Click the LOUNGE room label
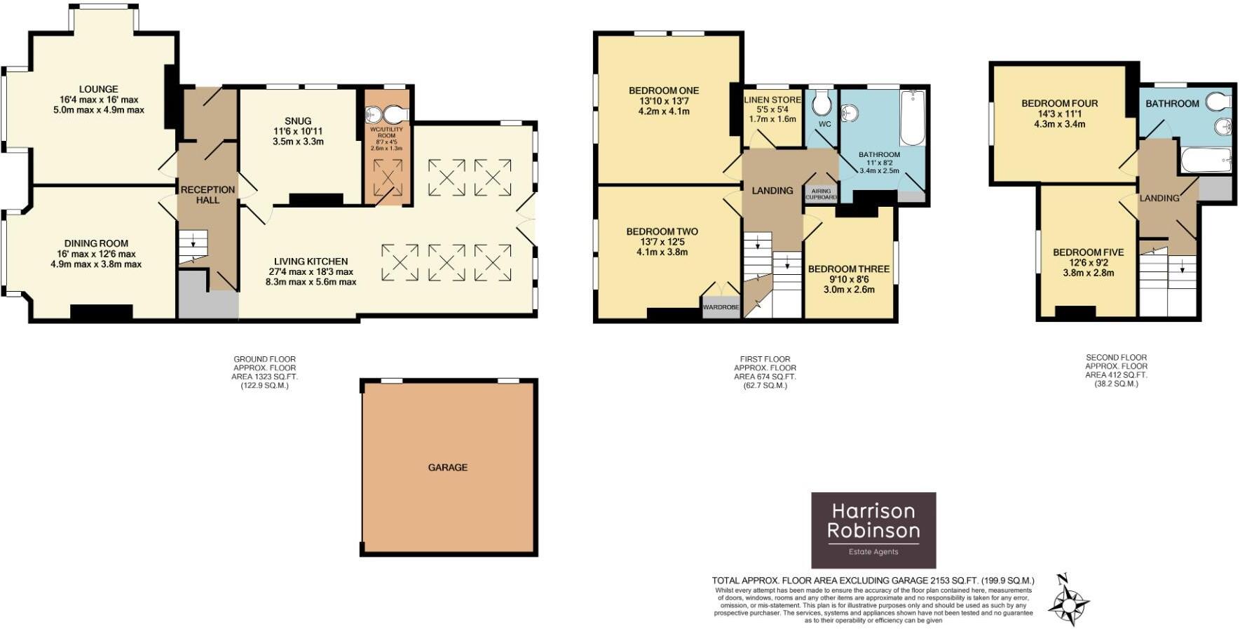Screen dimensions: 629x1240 point(98,89)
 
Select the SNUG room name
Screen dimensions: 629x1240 point(298,121)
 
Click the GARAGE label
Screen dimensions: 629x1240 point(447,467)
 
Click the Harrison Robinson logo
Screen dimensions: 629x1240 point(873,529)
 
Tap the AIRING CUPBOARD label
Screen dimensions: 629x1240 point(821,194)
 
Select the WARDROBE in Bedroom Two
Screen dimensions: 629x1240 point(721,307)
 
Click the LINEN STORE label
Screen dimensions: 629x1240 point(772,100)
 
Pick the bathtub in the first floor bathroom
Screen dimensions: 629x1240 point(911,117)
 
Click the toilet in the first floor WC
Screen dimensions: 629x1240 point(822,104)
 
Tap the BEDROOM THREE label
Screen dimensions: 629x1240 point(848,269)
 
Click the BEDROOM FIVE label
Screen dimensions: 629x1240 point(1088,252)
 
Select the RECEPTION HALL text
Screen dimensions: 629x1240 point(207,194)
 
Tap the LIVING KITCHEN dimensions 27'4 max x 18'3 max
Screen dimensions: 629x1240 point(311,271)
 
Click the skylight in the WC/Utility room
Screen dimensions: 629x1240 point(388,177)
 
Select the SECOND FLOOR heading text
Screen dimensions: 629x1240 point(1116,357)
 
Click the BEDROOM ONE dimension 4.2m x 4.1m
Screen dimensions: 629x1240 point(663,111)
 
